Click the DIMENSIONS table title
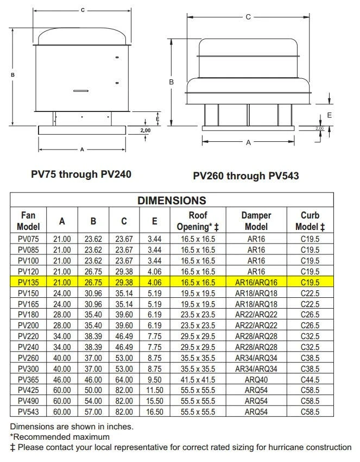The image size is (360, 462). coord(172,200)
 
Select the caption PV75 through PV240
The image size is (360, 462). coord(81,174)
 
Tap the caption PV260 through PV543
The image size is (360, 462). coord(246,176)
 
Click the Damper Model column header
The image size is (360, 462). coord(256,221)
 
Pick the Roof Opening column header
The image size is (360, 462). coord(198,221)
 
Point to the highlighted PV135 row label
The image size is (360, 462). coord(28,282)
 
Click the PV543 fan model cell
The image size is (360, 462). coord(28,411)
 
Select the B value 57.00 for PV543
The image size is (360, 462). coord(93,411)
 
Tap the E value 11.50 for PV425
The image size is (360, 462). coord(155,390)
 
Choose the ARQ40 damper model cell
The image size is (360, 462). coord(256,379)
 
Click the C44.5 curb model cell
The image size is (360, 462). coord(310,379)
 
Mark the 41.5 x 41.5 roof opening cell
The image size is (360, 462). coord(198,379)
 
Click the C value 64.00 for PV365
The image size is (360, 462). coord(124,379)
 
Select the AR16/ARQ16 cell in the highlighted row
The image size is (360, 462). coord(256,282)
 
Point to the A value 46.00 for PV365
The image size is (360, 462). coord(62,379)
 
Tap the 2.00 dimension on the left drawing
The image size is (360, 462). coord(146,130)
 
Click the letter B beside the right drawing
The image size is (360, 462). coord(171,82)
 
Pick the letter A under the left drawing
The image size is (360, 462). coord(82,149)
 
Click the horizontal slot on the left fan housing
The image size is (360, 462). coord(81,90)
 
